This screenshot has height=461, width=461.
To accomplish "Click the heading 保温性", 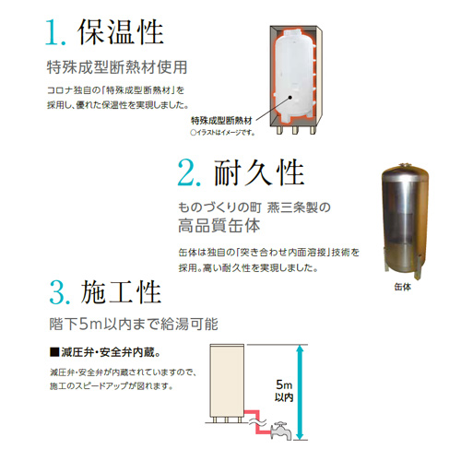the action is (x=121, y=32).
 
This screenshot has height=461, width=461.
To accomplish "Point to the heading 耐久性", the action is (x=259, y=172).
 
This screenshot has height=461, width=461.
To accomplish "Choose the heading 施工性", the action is (x=121, y=291).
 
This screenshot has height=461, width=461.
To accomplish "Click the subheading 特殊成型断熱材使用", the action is (x=117, y=67).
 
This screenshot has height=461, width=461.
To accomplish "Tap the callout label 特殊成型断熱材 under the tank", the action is (x=221, y=121).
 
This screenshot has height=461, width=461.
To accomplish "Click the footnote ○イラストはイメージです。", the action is (x=222, y=133).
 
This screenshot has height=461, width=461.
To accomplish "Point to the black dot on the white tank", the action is (x=290, y=97).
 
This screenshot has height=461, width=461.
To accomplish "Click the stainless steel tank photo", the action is (x=405, y=221).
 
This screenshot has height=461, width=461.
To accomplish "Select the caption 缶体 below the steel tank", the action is (x=403, y=287).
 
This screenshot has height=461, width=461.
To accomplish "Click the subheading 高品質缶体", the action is (x=219, y=226).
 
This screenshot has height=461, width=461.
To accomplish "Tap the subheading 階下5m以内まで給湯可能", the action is (x=134, y=324).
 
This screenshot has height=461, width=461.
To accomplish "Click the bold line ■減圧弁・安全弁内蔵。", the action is (x=105, y=352).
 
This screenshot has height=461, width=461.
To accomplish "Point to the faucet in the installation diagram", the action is (x=280, y=431).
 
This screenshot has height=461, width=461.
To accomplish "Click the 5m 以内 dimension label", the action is (x=284, y=390).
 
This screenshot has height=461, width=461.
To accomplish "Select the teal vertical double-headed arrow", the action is (x=301, y=392).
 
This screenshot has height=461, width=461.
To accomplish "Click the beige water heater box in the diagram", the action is (x=227, y=381).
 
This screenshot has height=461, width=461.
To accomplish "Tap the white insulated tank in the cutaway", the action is (x=294, y=74).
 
